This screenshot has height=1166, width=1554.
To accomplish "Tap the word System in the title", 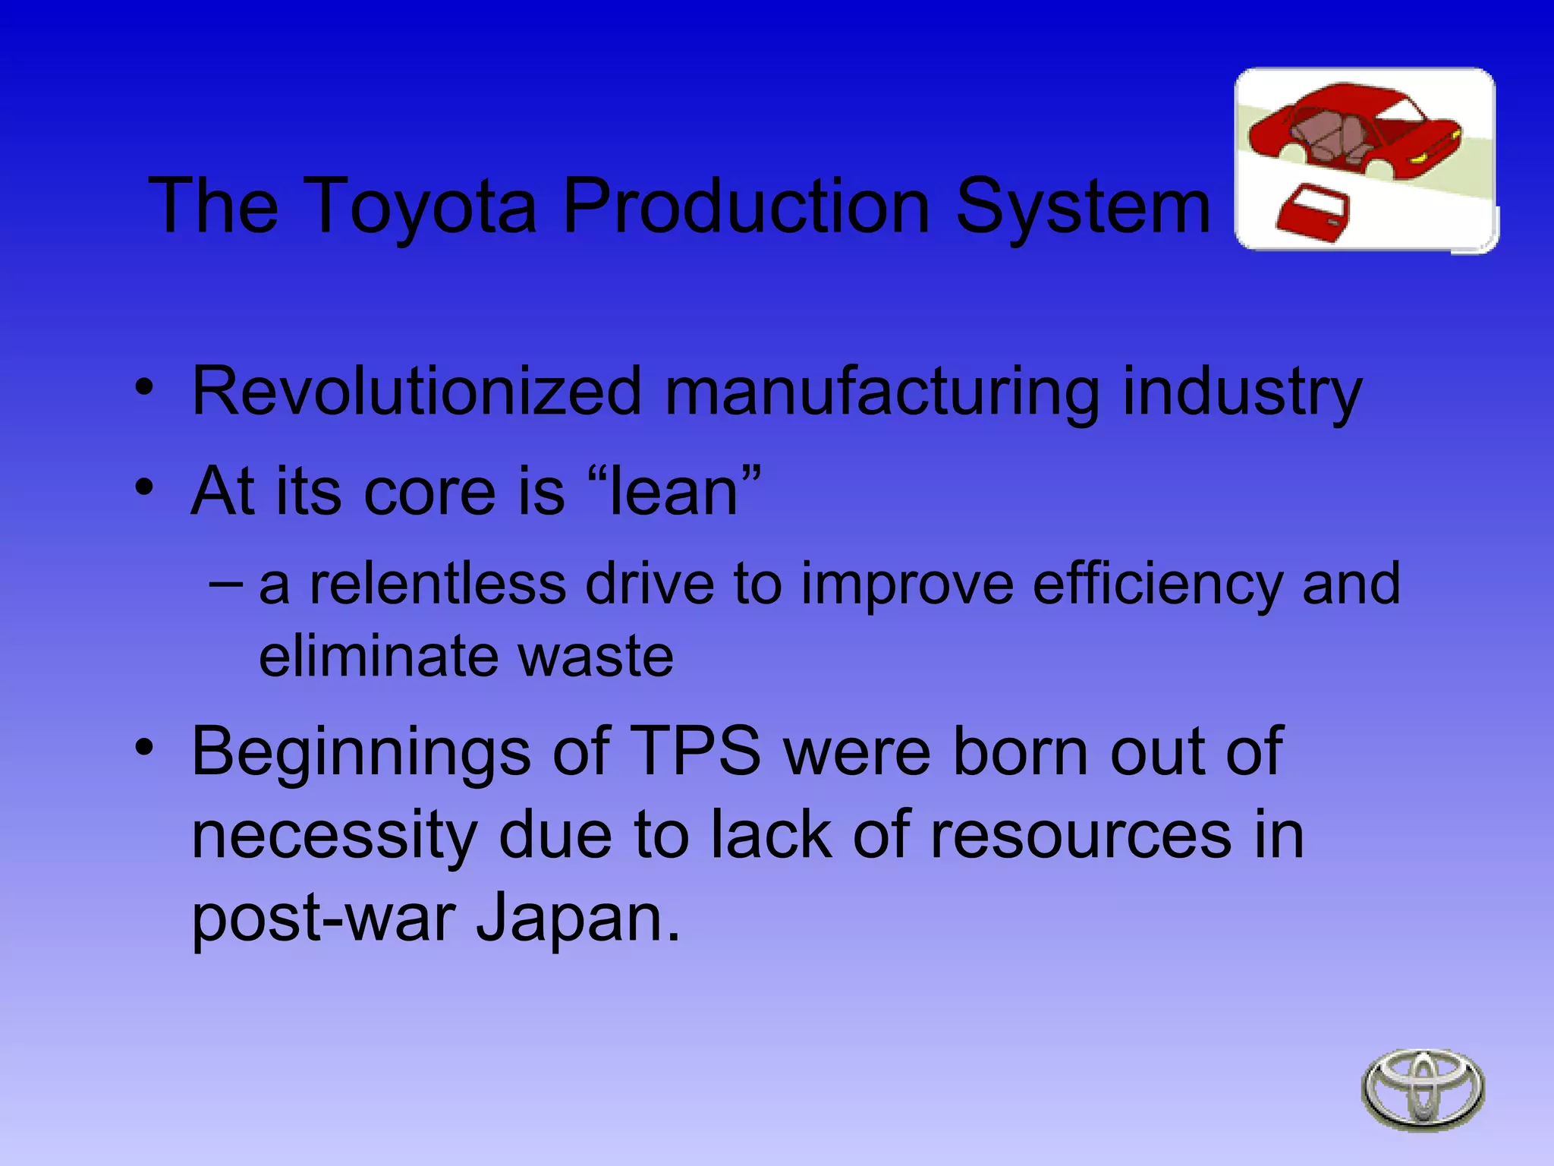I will tap(1083, 206).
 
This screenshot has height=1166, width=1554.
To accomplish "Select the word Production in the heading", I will tap(747, 206).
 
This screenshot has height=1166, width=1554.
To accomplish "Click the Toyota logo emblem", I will tap(1423, 1089).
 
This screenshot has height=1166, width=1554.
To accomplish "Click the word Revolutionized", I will tap(417, 391).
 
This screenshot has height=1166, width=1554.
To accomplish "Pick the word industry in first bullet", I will tap(1241, 392).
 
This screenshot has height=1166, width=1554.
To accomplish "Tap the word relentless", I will tap(438, 584).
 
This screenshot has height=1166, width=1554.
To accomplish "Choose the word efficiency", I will tap(1158, 584).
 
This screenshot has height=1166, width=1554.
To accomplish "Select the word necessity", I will tap(334, 835).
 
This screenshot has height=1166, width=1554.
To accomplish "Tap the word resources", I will tap(1081, 835).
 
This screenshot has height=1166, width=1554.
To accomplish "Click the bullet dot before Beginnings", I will tap(143, 747).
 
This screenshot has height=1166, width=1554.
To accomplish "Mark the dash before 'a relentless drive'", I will tap(225, 583).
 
